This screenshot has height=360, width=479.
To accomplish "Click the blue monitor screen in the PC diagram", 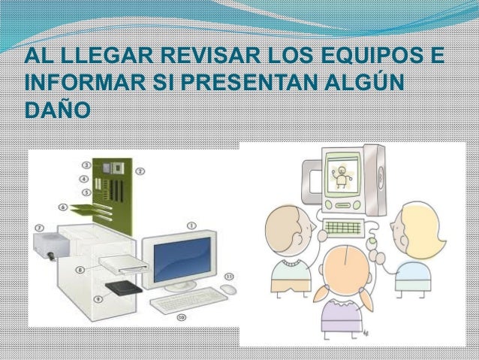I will coord(179,256).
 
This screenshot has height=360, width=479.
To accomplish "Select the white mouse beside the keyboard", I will coord(228,289).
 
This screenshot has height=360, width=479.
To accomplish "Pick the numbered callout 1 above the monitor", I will coord(191,224).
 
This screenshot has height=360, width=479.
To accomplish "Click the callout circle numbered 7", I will coord(39,225).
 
